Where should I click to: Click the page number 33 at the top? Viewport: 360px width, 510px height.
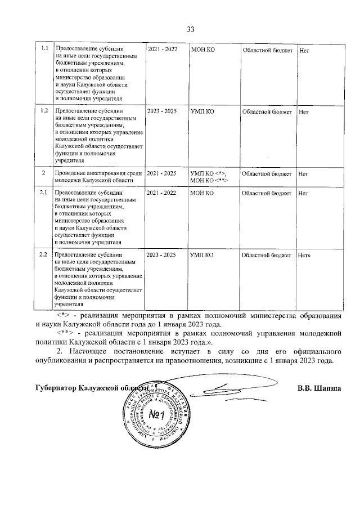point(190,30)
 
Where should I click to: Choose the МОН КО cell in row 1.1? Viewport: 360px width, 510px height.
point(202,50)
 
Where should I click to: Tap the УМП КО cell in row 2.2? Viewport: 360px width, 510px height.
point(201,255)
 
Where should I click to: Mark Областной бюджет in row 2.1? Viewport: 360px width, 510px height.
point(267,193)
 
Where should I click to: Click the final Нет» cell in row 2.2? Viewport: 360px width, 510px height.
point(305,255)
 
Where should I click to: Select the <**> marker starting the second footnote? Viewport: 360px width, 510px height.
point(64,334)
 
